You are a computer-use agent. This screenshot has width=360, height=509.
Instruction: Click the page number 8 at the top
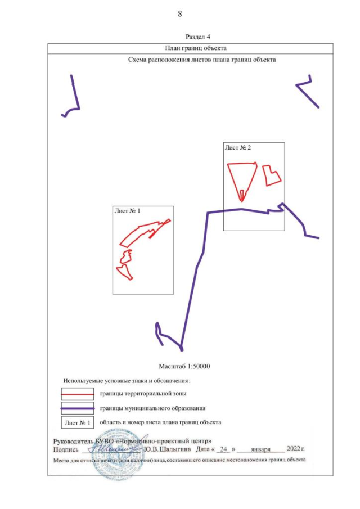[180, 14]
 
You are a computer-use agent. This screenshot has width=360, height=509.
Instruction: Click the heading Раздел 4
[197, 37]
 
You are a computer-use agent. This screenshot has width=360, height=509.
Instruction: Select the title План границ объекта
[195, 48]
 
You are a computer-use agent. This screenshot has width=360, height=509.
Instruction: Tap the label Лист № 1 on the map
[127, 211]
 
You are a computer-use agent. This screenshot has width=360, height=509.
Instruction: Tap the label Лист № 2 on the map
[238, 147]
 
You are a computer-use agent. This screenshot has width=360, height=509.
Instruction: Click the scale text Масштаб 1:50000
[184, 366]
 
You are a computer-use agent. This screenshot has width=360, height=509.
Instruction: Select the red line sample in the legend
[78, 394]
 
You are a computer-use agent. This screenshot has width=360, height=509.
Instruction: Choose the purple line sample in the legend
[78, 408]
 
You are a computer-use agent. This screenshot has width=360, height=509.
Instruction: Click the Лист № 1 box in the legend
[78, 422]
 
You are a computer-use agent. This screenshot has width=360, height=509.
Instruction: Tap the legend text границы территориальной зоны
[143, 394]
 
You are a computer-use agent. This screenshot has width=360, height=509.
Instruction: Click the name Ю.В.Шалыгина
[167, 449]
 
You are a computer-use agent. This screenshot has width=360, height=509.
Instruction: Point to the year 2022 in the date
[294, 449]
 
